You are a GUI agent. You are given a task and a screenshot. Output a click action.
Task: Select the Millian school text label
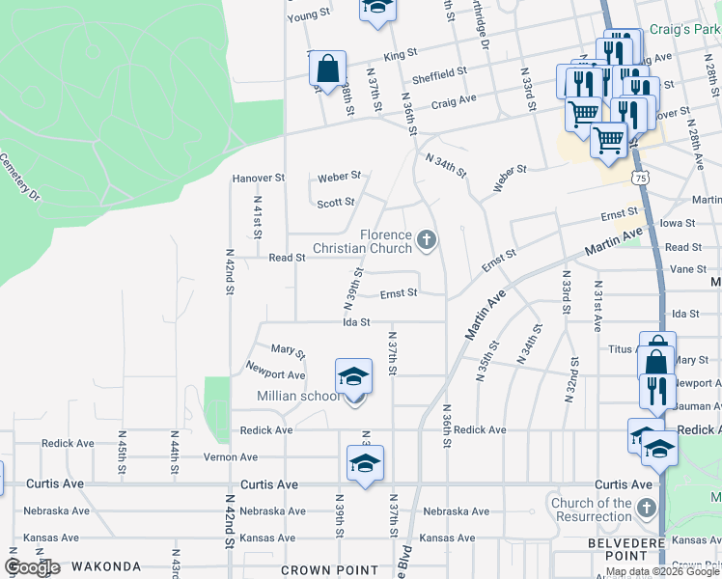(298, 396)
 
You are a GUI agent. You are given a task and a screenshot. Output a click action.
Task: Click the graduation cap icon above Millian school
(353, 375)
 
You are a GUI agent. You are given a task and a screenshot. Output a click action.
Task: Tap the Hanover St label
(259, 179)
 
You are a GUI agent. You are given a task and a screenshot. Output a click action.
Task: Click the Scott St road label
(336, 203)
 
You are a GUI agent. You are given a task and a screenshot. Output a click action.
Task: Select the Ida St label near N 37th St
(357, 322)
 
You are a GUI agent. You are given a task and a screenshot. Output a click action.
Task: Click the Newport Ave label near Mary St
(276, 374)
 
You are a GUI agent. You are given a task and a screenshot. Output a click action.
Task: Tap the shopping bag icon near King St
(328, 69)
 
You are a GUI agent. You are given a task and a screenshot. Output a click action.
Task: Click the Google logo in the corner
(32, 567)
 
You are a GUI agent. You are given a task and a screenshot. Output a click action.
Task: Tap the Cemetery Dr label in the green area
(20, 177)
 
